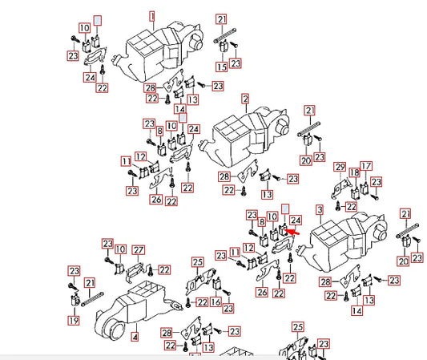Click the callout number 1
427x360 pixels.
(152, 16)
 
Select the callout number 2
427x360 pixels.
(245, 99)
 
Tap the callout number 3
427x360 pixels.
(320, 210)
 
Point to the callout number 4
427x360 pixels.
(135, 337)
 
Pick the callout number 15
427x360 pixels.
(222, 67)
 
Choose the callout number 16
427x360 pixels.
(216, 301)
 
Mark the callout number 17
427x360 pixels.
(366, 166)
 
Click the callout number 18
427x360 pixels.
(355, 172)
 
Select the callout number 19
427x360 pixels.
(74, 320)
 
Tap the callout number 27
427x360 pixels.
(138, 250)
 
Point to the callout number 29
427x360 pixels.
(340, 167)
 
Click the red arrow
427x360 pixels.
(292, 233)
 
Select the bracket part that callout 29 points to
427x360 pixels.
(340, 188)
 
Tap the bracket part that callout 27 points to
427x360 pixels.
(135, 271)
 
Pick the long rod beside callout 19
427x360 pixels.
(92, 299)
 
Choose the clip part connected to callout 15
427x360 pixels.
(224, 46)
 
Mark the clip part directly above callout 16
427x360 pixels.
(217, 284)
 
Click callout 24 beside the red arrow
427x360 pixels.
(296, 220)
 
